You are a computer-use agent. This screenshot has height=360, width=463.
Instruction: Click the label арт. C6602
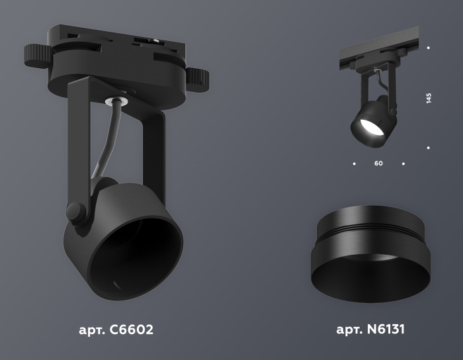coord(114,329)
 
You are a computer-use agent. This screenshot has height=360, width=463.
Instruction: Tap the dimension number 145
coord(429,99)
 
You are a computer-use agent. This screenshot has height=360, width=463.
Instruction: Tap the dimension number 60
coord(378,163)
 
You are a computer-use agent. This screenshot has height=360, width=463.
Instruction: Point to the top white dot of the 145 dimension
coord(429,48)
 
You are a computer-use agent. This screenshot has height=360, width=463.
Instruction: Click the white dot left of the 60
coord(355,163)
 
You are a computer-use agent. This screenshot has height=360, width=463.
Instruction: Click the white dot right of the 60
coord(403,163)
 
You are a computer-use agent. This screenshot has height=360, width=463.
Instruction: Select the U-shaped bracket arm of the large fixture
coord(153,152)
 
